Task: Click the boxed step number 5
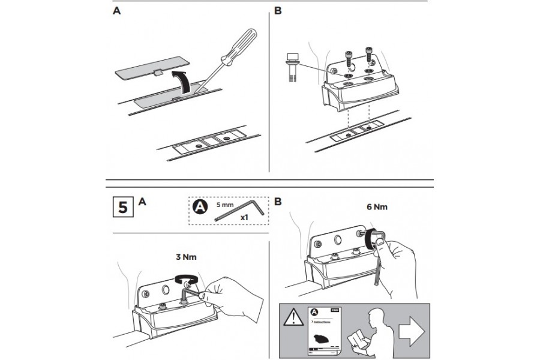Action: point(122,208)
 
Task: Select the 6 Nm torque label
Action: point(377,207)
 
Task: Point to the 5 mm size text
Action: point(226,204)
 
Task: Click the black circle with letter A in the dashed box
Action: point(199,208)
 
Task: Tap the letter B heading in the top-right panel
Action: point(277,11)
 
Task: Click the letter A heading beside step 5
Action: point(142,202)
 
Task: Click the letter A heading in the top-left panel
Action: point(116,11)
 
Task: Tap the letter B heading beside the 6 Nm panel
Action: point(277,202)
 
